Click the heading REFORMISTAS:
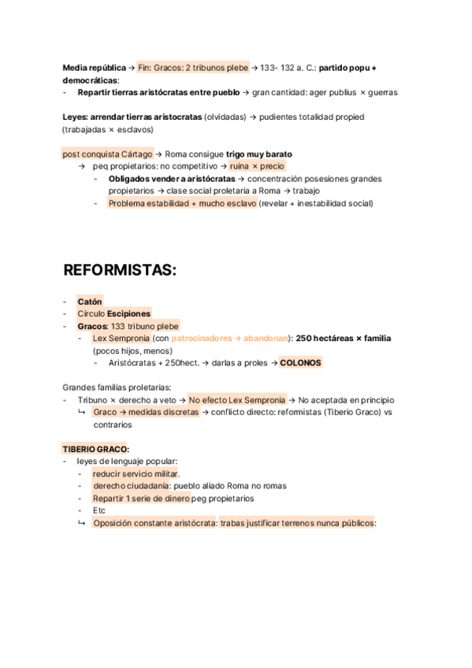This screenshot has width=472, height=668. point(120,270)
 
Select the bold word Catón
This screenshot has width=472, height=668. point(90,302)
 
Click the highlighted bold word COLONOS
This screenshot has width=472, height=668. point(300,363)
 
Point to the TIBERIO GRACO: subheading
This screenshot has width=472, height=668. point(96,449)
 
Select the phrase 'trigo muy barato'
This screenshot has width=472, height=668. point(258,154)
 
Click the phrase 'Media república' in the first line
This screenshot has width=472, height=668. point(94,68)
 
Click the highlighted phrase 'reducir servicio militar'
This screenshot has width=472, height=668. point(135,473)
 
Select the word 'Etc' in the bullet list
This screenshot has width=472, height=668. point(98,510)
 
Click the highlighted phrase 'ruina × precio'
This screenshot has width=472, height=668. point(257,166)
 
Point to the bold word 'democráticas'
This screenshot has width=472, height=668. point(90,80)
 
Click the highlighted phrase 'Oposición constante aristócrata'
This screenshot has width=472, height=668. point(154,523)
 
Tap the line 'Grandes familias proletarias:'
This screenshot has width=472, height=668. point(117,388)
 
